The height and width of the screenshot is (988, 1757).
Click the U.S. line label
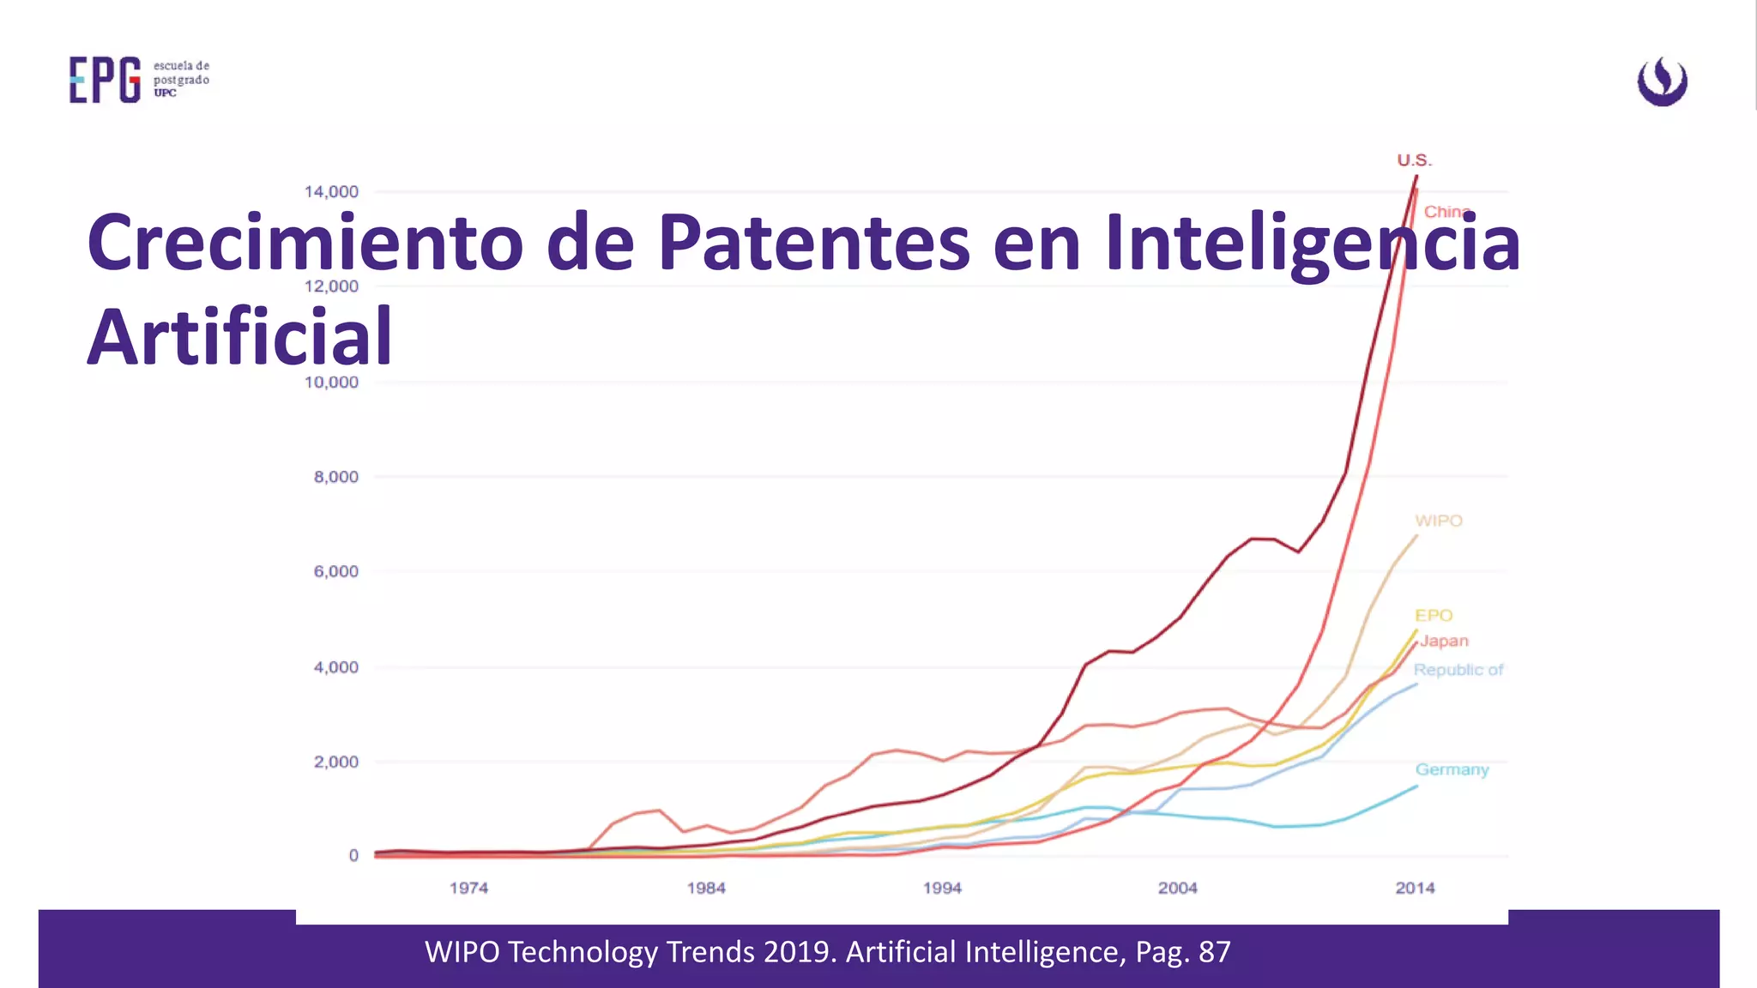coord(1414,160)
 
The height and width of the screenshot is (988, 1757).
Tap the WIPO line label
coord(1438,521)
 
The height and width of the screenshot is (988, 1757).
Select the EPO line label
coord(1434,615)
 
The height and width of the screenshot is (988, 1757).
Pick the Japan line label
coord(1444,641)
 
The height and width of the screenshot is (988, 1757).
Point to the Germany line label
coord(1452,769)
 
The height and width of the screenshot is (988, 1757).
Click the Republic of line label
coord(1458,670)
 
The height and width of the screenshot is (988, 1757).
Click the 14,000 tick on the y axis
coord(331,191)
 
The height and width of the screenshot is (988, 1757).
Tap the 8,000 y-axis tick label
coord(335,477)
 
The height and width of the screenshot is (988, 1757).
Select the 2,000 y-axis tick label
coord(335,762)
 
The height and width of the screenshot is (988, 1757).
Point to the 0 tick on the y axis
coord(353,855)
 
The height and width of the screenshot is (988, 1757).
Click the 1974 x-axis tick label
coord(468,888)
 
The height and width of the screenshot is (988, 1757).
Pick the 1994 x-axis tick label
coord(942,888)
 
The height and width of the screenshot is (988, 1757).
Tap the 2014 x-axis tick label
coord(1415,888)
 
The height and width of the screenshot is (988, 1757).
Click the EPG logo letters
coord(105,81)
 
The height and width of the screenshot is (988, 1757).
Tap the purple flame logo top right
coord(1662,81)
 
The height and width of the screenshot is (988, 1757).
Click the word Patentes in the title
coord(813,243)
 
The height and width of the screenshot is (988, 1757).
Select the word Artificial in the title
coord(239,337)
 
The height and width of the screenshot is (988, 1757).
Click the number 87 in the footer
coord(1214,952)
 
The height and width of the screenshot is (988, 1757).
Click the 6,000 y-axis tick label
coord(335,571)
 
